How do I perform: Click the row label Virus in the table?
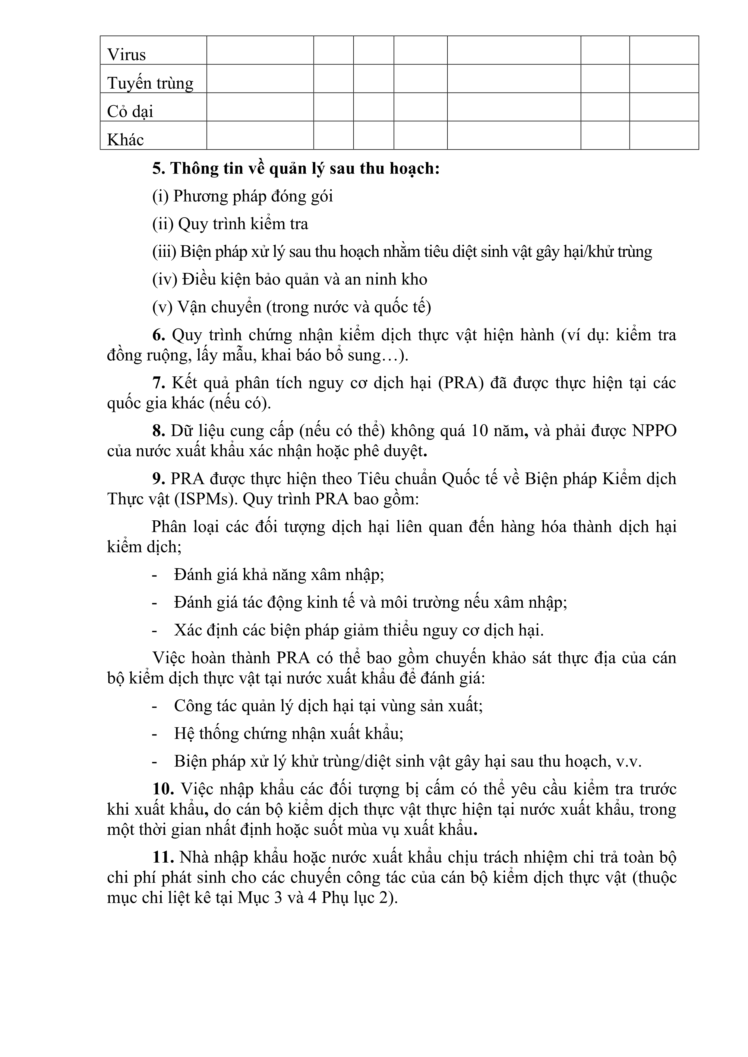126,55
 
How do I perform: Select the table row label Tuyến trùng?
150,83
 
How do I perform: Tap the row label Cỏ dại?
130,111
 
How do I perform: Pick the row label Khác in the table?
125,140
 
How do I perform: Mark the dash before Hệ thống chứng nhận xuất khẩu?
155,734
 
